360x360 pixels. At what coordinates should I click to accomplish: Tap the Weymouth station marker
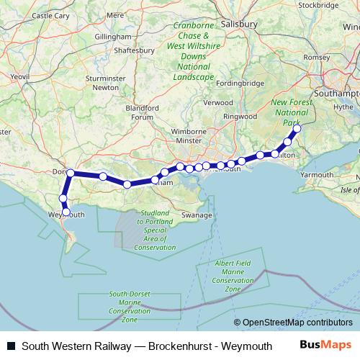[67, 212]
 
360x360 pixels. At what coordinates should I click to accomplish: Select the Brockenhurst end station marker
[295, 129]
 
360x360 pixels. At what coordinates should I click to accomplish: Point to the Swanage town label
[197, 215]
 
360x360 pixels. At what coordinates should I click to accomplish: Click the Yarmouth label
[317, 174]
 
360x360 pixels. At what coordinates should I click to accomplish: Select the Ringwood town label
[240, 115]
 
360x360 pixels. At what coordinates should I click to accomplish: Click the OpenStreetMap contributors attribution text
[297, 323]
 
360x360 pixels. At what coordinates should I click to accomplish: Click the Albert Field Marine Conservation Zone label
[233, 276]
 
